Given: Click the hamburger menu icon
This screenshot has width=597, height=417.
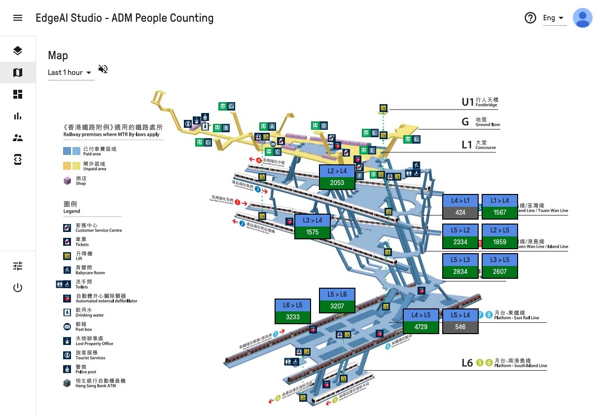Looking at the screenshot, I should click(x=18, y=18).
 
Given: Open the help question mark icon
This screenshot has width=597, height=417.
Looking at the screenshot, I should click(x=530, y=18).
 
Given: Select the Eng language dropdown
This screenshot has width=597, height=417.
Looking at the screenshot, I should click(x=554, y=18).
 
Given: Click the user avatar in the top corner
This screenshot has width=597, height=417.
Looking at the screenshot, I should click(x=582, y=18).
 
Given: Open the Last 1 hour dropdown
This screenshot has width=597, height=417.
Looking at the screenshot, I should click(x=70, y=73).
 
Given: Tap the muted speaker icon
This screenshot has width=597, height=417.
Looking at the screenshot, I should click(x=103, y=69).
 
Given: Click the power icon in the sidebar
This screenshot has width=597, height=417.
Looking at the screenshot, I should click(x=18, y=288).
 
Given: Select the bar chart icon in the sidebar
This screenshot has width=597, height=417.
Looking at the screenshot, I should click(x=18, y=116).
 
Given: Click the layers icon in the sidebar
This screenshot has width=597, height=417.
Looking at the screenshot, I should click(x=18, y=51).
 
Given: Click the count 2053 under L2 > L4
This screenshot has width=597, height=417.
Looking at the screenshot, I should click(x=337, y=183).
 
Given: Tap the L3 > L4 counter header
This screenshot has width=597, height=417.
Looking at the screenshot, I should click(x=313, y=221).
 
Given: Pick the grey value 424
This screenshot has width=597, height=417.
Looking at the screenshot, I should click(x=460, y=213).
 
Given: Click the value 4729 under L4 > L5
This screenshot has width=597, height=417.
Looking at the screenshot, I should click(x=421, y=327).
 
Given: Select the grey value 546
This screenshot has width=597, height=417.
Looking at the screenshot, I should click(x=460, y=327).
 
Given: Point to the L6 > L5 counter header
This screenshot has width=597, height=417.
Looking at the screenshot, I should click(x=293, y=305).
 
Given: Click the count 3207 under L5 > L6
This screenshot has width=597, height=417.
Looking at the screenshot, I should click(x=337, y=306).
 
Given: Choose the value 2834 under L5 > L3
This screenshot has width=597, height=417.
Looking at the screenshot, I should click(x=460, y=272).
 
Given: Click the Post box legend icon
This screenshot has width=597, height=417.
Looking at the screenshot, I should click(x=67, y=327).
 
